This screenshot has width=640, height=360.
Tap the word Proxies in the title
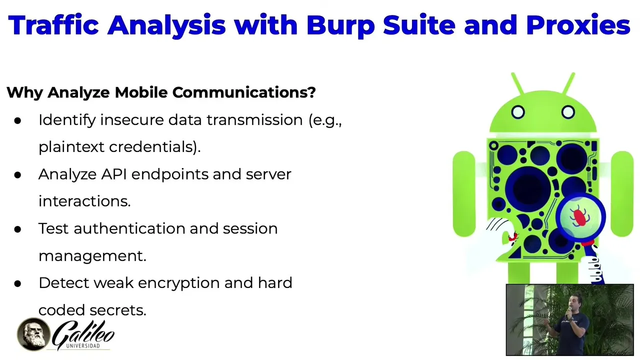tap(577, 25)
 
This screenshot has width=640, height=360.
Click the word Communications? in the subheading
tap(244, 92)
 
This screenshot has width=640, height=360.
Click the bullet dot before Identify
tap(18, 120)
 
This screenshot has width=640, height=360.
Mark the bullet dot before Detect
tap(18, 283)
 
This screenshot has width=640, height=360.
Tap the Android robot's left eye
tap(518, 112)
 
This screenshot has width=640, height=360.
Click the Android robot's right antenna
tap(568, 83)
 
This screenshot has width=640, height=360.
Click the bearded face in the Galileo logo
tap(33, 334)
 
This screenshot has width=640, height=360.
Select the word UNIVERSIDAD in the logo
tap(82, 345)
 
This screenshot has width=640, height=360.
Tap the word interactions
tap(84, 201)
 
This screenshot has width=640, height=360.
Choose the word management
tap(92, 255)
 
